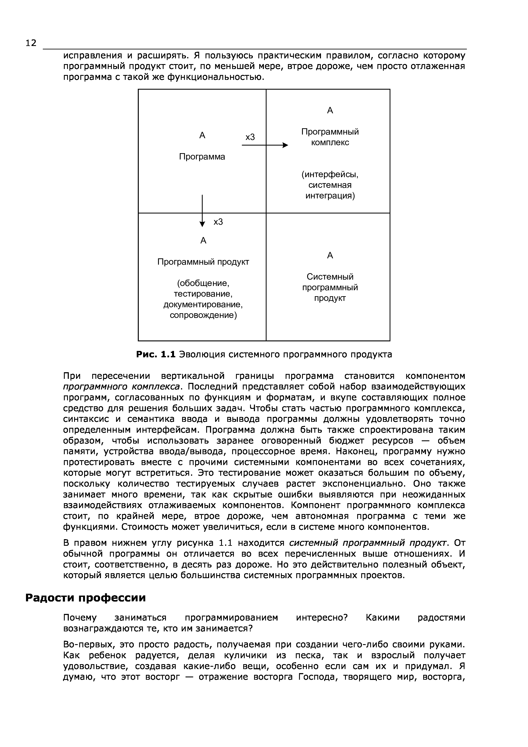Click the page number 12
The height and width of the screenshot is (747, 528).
[31, 43]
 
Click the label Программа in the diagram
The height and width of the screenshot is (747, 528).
[202, 157]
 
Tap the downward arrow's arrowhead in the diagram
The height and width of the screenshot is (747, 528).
[202, 224]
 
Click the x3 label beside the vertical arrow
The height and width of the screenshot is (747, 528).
[218, 222]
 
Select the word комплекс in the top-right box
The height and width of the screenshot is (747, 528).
[330, 142]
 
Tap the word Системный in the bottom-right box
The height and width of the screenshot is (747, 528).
[330, 277]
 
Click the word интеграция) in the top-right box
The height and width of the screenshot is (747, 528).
[330, 196]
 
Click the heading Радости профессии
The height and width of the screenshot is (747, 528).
[86, 598]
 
